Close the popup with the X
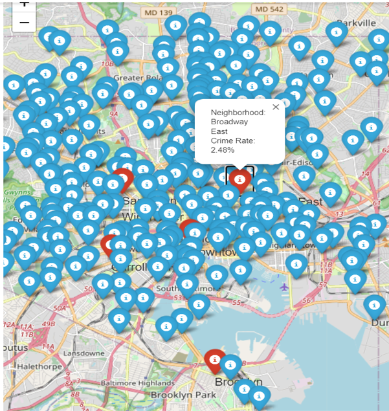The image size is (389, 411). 276,107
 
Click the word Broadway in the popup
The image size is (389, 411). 229,122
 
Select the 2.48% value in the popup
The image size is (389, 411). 223,150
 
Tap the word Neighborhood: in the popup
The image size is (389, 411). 238,113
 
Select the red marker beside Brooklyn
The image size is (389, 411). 214,360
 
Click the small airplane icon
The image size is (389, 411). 285,286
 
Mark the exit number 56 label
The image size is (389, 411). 307,300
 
